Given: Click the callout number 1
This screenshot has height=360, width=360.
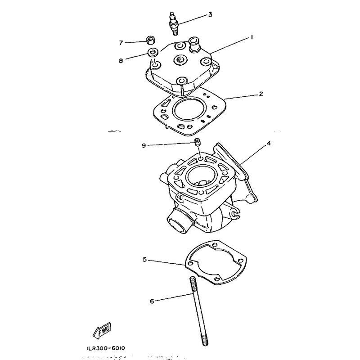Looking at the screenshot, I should click(x=252, y=38).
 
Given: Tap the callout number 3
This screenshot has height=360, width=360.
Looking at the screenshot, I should click(x=210, y=15).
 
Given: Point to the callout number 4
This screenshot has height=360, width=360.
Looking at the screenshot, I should click(x=269, y=144).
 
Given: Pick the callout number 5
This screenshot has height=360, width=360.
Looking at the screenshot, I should click(x=145, y=259).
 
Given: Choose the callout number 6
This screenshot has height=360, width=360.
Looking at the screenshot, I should click(x=152, y=301).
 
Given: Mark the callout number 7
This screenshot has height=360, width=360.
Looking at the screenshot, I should click(x=121, y=43).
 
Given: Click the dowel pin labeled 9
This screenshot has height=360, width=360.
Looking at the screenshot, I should click(x=197, y=144).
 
